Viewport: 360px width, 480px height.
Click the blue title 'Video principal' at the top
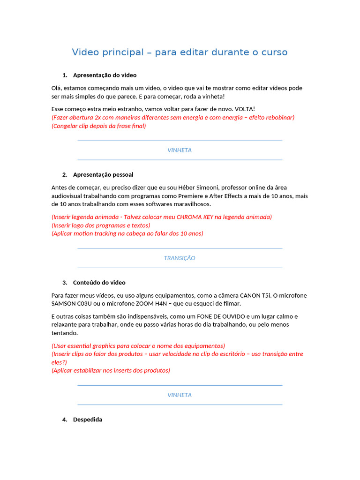pyautogui.click(x=108, y=52)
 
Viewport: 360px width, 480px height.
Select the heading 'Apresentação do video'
pyautogui.click(x=105, y=75)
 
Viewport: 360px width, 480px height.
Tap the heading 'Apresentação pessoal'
pyautogui.click(x=103, y=174)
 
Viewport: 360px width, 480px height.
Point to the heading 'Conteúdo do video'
pyautogui.click(x=99, y=282)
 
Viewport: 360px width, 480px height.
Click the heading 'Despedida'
pyautogui.click(x=87, y=420)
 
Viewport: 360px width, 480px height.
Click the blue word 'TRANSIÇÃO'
pyautogui.click(x=180, y=258)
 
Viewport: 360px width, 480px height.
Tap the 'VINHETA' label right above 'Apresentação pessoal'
pyautogui.click(x=180, y=150)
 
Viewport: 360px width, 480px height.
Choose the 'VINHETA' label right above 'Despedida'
pyautogui.click(x=180, y=395)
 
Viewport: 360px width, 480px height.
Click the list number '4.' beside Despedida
pyautogui.click(x=65, y=420)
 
